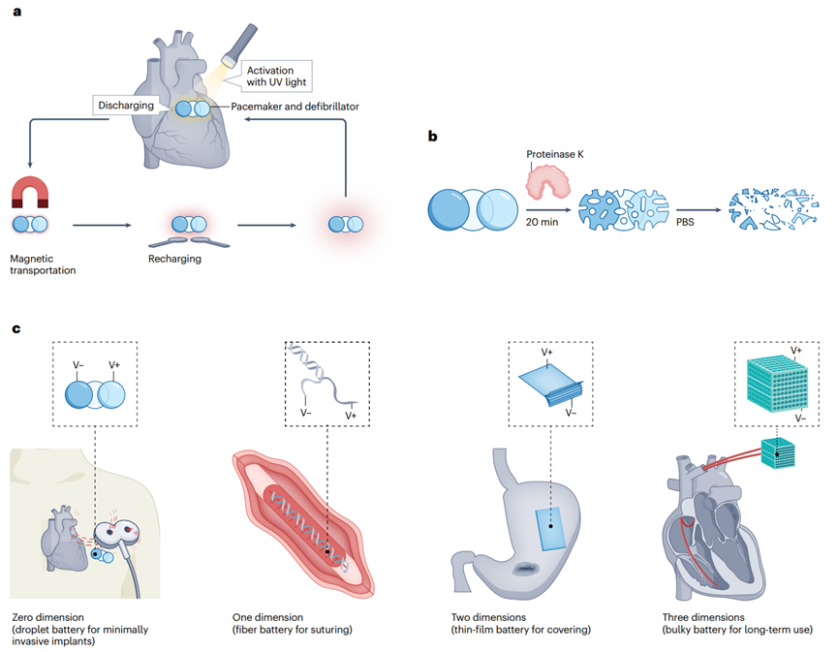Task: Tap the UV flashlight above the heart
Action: [239, 45]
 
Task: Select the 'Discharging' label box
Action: [126, 106]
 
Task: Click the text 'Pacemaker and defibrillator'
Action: [295, 107]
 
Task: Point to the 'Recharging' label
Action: [174, 259]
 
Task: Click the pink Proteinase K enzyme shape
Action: [547, 181]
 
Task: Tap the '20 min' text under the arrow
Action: [542, 222]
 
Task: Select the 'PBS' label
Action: [685, 222]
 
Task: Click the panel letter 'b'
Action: [432, 137]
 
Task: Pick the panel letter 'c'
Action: [16, 328]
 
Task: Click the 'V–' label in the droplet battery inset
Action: [78, 365]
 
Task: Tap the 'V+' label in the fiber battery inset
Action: [351, 416]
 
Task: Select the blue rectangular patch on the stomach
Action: [551, 529]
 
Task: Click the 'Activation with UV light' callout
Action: [276, 76]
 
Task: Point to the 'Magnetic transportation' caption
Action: [43, 264]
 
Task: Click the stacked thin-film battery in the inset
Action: [551, 385]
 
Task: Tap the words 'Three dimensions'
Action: [703, 617]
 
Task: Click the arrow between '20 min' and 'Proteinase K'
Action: [548, 210]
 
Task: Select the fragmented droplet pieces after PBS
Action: [774, 209]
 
